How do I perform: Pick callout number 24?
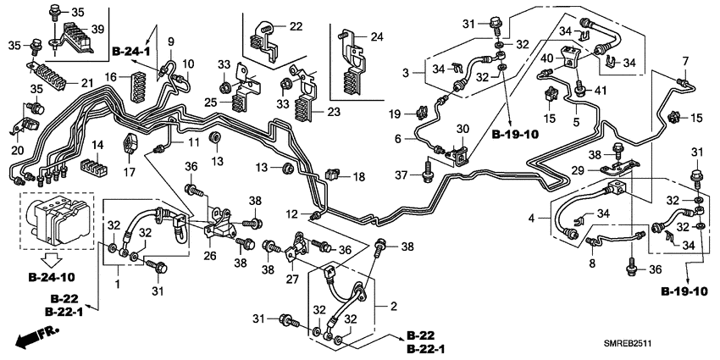point(377,36)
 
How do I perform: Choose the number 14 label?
point(97,145)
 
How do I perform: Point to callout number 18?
point(358,176)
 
